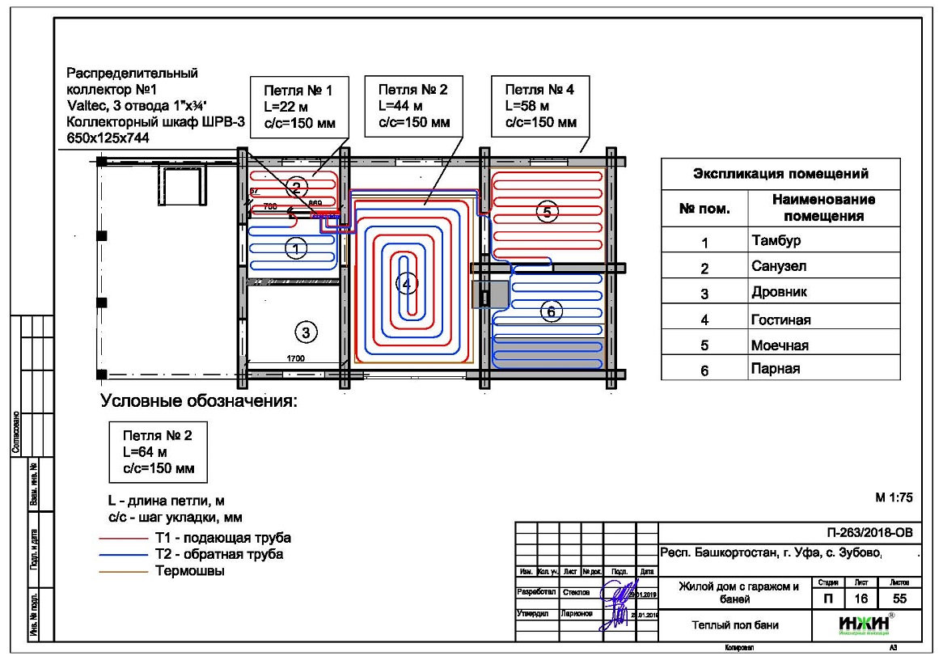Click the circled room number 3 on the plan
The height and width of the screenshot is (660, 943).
tap(305, 332)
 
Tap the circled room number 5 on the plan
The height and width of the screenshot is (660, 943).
tap(547, 212)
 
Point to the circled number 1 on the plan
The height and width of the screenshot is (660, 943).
tap(298, 249)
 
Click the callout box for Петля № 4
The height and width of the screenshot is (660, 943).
tap(540, 106)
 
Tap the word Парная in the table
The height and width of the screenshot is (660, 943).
tap(776, 370)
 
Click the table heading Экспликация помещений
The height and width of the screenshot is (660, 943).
tap(780, 173)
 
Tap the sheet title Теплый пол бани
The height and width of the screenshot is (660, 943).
tap(735, 625)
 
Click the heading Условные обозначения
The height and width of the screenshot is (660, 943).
tap(199, 400)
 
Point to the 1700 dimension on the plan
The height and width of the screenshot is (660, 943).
tap(295, 358)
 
